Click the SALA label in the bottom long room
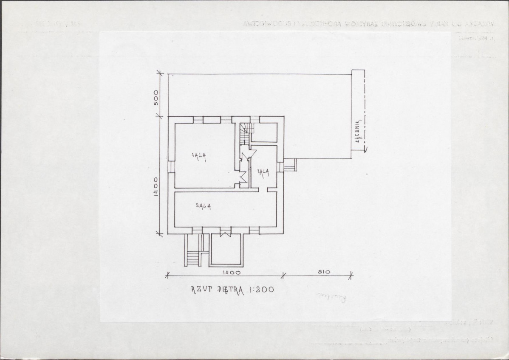coord(204,205)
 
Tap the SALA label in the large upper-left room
coord(199,155)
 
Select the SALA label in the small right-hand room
coord(263,171)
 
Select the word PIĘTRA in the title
coord(230,291)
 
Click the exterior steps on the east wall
coord(290,164)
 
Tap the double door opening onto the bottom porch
coord(225,233)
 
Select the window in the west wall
coord(171,166)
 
